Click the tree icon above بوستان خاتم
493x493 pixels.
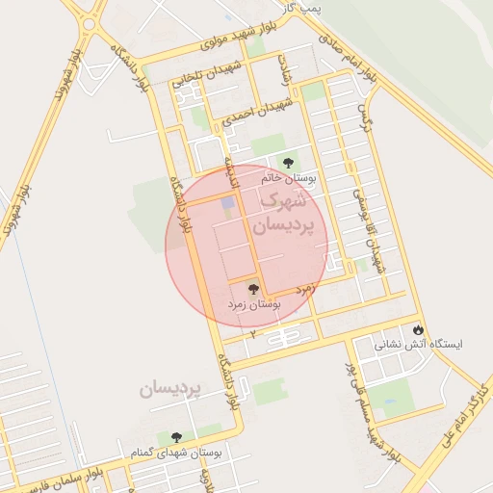click(286, 162)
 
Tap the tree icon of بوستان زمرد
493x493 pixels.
click(253, 288)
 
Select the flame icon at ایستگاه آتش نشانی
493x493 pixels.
click(418, 328)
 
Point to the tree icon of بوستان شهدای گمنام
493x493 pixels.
click(175, 438)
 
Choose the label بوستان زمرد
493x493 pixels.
click(254, 303)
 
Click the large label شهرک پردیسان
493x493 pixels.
click(288, 214)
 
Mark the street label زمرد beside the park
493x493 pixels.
click(306, 288)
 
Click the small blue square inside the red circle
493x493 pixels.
click(228, 203)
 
